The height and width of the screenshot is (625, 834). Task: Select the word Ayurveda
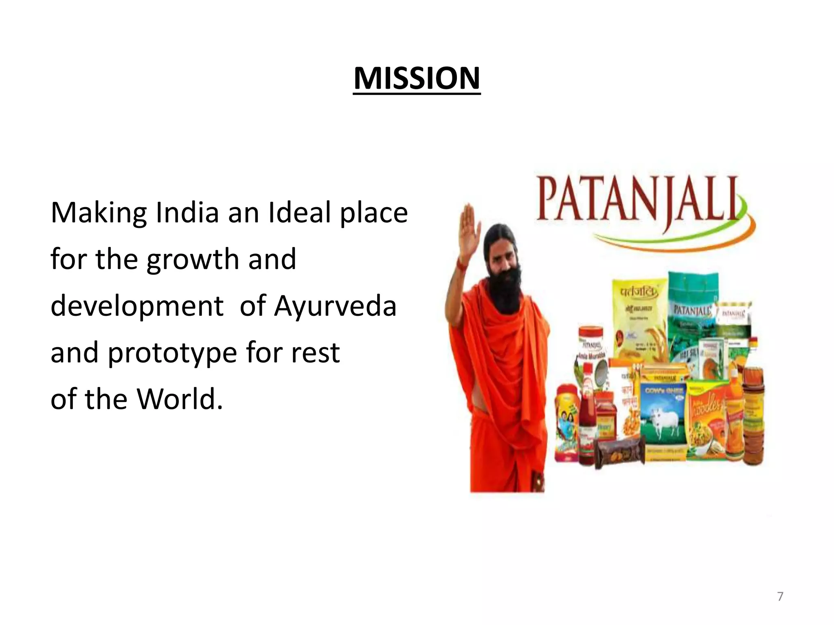click(335, 306)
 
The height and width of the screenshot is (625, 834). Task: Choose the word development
click(137, 306)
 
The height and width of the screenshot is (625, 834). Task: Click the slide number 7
click(780, 597)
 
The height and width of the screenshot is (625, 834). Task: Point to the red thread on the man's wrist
click(461, 265)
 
